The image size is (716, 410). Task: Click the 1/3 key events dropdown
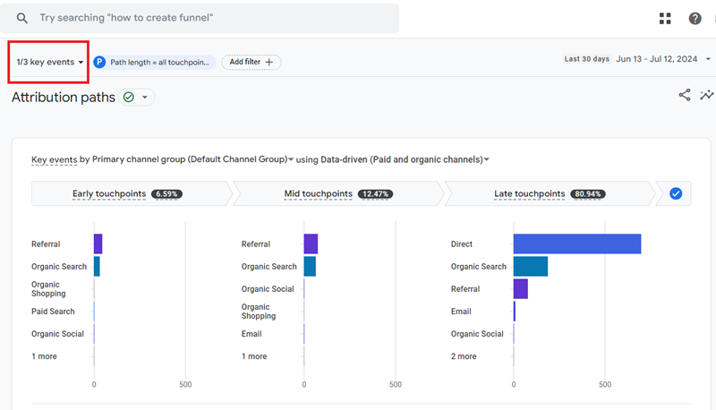(49, 62)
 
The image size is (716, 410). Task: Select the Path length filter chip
(154, 62)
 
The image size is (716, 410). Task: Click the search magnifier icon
(22, 18)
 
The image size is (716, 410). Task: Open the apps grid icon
(665, 18)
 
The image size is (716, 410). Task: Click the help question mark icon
(695, 18)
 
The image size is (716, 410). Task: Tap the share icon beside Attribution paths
(685, 95)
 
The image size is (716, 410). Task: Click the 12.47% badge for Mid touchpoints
(374, 193)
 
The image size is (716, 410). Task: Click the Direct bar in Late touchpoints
(576, 243)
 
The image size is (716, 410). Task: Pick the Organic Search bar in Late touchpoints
(530, 266)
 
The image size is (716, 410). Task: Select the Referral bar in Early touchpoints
(98, 243)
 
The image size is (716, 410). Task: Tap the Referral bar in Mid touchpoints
(311, 243)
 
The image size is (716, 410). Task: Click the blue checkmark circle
(676, 193)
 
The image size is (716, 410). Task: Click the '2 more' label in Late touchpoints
(464, 356)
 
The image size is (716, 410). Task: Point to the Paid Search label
(53, 312)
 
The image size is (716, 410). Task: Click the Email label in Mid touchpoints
(251, 334)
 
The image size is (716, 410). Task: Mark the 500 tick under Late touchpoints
(605, 385)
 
